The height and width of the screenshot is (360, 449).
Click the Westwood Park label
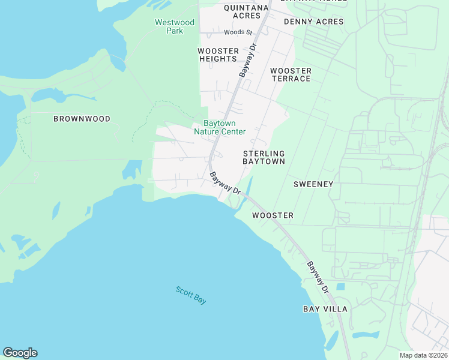coord(175,26)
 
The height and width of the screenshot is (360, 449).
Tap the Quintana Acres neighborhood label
coord(246,11)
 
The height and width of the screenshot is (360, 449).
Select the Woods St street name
coord(238,32)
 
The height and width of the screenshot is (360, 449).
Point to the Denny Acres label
coord(313,22)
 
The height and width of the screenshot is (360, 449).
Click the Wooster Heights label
coord(218,55)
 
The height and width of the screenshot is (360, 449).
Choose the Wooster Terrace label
coord(291,74)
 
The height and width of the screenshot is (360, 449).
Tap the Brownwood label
coord(82,119)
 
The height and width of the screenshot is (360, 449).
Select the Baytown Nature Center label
coord(220,127)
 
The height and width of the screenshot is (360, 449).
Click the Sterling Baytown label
coord(264,157)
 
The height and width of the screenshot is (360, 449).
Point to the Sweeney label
coord(313,184)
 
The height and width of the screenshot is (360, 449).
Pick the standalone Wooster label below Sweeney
coord(273,215)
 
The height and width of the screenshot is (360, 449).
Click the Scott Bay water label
coord(191,295)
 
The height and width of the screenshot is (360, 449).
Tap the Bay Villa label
coord(325,309)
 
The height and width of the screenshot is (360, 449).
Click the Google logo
coord(20,352)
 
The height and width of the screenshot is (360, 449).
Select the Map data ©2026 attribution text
coord(423,355)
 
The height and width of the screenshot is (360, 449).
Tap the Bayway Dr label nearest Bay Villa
coord(319,277)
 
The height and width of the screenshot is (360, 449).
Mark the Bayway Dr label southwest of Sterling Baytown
coord(225,184)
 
